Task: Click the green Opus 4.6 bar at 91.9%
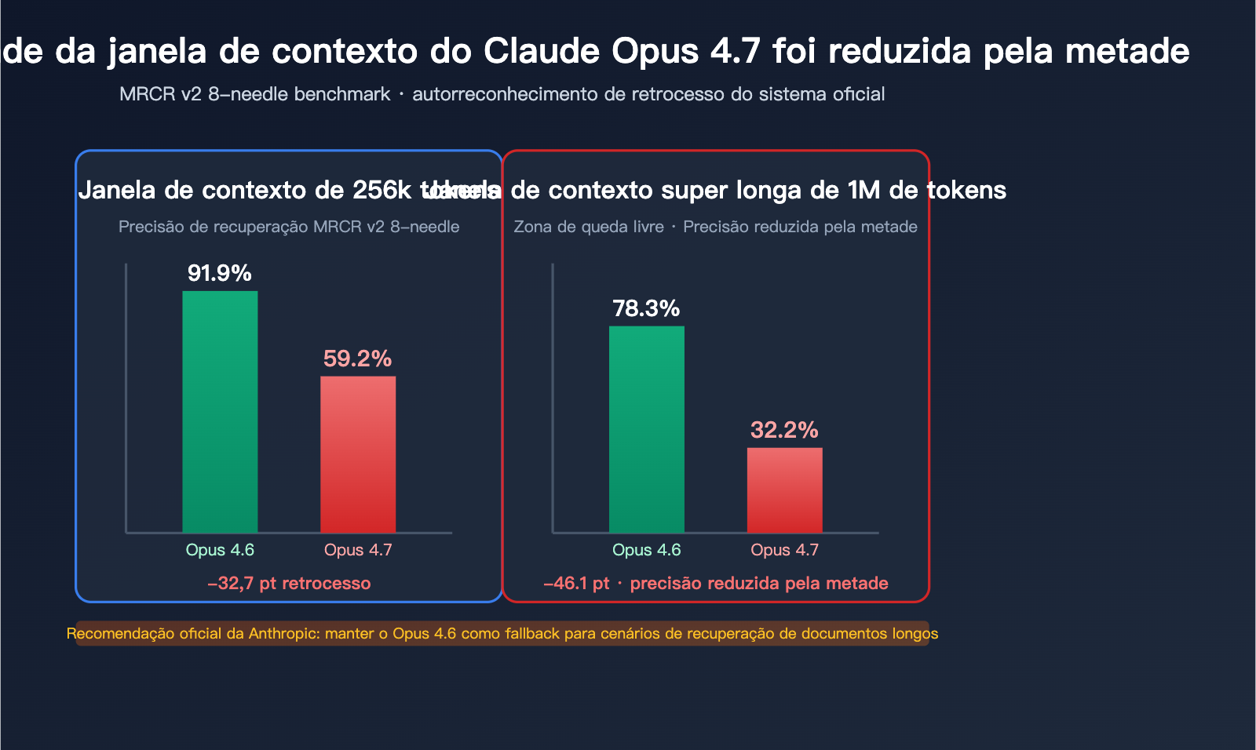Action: point(220,412)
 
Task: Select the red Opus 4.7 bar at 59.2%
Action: point(358,455)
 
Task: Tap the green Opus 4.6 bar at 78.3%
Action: point(647,429)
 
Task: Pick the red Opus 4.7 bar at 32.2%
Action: point(784,490)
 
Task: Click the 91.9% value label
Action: point(220,273)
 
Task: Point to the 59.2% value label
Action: point(358,359)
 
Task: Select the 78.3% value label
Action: point(646,308)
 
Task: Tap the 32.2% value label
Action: point(784,430)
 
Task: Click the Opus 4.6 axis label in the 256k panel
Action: point(220,550)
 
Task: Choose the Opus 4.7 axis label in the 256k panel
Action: point(358,550)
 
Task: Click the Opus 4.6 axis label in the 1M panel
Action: point(647,550)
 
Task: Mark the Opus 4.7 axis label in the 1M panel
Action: point(784,550)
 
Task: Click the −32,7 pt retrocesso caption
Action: point(289,584)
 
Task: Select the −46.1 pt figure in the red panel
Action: point(576,584)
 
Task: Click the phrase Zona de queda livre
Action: point(589,227)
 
